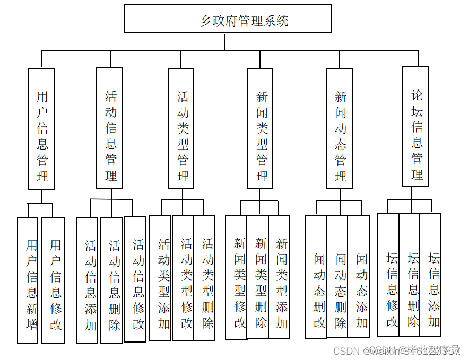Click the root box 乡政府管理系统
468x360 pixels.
(x=228, y=19)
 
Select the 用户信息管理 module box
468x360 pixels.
(x=41, y=129)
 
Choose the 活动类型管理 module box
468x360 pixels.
(x=181, y=128)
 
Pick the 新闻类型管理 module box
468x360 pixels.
(x=260, y=128)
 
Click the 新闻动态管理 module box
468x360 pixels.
(x=340, y=128)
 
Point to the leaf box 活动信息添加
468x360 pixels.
(x=88, y=280)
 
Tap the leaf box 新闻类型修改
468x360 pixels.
(x=237, y=277)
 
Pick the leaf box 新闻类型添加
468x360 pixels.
(x=279, y=277)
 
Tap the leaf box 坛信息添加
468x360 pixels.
(x=431, y=275)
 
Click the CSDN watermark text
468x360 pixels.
(x=348, y=350)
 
